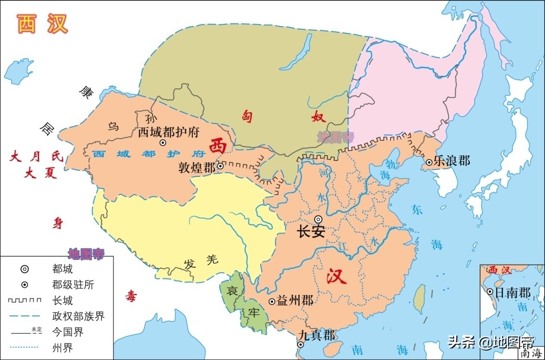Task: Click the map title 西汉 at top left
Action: pyautogui.click(x=43, y=24)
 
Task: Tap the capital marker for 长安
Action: pyautogui.click(x=318, y=219)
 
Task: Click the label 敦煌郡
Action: pyautogui.click(x=197, y=167)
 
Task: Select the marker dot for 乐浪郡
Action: pyautogui.click(x=429, y=163)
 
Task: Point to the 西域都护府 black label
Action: pyautogui.click(x=168, y=132)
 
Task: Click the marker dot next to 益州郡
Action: pyautogui.click(x=271, y=302)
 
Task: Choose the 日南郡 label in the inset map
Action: pyautogui.click(x=513, y=293)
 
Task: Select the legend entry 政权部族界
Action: pyautogui.click(x=78, y=317)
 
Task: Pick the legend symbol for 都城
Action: pyautogui.click(x=25, y=269)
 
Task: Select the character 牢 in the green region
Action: pyautogui.click(x=254, y=313)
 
